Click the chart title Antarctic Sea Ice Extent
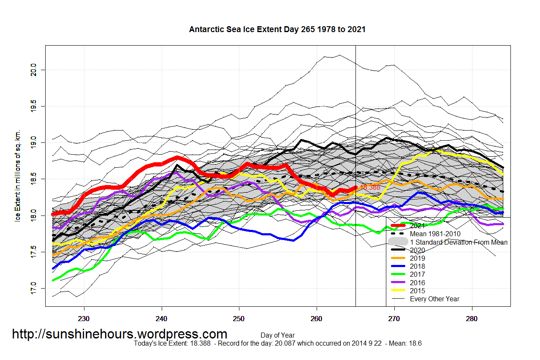[277, 29]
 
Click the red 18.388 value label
[369, 187]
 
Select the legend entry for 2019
[417, 259]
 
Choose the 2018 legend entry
[417, 267]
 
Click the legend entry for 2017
[417, 275]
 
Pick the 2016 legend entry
[417, 283]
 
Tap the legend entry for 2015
[417, 291]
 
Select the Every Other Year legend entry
[434, 299]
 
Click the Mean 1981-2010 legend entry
[435, 234]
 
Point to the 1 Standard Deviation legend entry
[459, 242]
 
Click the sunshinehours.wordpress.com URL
[119, 334]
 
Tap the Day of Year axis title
[277, 335]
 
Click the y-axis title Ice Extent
[18, 175]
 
